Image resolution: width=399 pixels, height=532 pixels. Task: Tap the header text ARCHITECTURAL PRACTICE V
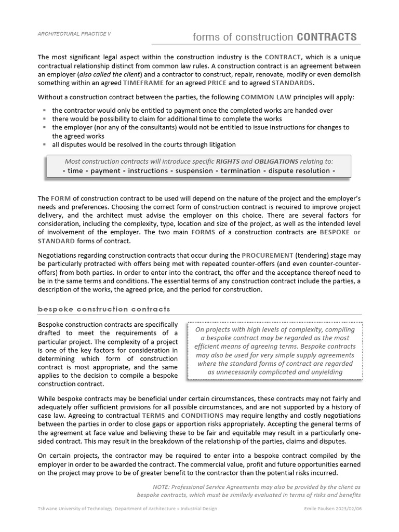[x=74, y=34]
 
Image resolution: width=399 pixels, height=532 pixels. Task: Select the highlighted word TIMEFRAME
[x=144, y=83]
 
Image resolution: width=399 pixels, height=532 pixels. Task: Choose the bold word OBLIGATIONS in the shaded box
[x=275, y=162]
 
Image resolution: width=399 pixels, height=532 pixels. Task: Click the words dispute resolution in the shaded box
[x=299, y=171]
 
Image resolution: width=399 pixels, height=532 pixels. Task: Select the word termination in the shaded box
[x=241, y=171]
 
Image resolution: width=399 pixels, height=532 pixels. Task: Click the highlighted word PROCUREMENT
[x=268, y=255]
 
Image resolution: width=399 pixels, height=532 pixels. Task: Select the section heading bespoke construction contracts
[x=104, y=309]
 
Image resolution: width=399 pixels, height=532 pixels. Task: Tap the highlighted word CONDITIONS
[x=202, y=416]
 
